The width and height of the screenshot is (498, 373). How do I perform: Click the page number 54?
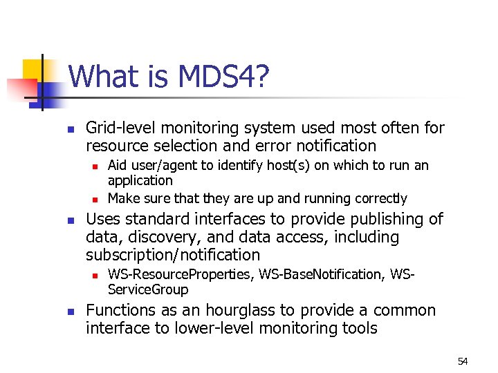click(463, 361)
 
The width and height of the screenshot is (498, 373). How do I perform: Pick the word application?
click(140, 180)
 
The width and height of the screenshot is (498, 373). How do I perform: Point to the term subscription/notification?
click(173, 256)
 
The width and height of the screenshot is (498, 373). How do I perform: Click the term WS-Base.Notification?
click(321, 275)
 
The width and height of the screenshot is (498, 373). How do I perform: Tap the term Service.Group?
click(147, 289)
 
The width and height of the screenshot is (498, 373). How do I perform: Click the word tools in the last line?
click(357, 329)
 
